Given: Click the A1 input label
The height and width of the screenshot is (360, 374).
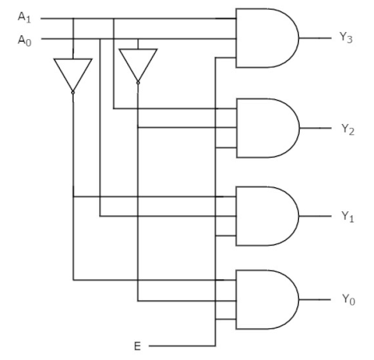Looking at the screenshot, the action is click(x=24, y=18).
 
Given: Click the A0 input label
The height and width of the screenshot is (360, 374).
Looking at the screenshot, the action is click(x=25, y=41).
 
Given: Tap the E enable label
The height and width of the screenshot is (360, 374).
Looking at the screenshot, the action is click(x=137, y=346).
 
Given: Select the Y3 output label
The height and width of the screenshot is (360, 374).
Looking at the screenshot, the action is click(x=346, y=38).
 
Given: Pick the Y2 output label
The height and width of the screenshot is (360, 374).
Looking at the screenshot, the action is click(x=348, y=130).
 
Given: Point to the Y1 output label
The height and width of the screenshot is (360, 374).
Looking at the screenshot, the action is click(x=348, y=217).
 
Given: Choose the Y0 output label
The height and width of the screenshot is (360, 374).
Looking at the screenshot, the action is click(x=348, y=300).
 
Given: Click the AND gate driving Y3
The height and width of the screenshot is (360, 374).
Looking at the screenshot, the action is click(x=267, y=38).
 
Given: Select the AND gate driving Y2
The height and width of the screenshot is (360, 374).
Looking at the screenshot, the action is click(x=268, y=128).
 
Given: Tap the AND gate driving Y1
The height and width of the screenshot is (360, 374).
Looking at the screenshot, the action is click(x=267, y=216).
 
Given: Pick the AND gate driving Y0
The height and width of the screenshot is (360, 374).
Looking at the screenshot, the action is click(x=267, y=299).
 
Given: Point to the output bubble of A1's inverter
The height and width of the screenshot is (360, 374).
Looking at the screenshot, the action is click(x=73, y=93).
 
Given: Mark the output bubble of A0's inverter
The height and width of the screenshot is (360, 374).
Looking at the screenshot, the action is click(x=138, y=83).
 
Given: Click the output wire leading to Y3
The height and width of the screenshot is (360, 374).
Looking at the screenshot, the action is click(x=316, y=38).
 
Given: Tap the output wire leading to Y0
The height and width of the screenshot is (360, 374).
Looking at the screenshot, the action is click(x=315, y=300).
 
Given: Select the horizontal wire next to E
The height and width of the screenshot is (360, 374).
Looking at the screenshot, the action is click(x=182, y=346).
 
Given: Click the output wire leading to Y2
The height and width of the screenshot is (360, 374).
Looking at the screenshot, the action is click(x=316, y=128).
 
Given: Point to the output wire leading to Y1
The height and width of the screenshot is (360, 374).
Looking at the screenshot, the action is click(x=316, y=216).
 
